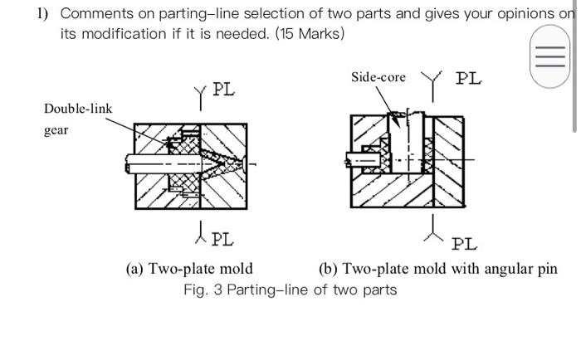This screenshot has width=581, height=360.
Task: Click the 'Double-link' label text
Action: click(78, 109)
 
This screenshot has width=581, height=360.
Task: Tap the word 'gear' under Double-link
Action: click(56, 130)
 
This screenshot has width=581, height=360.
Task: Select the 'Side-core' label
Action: click(378, 77)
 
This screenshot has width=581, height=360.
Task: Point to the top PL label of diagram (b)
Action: click(468, 78)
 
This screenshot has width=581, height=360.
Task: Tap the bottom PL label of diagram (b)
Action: click(465, 244)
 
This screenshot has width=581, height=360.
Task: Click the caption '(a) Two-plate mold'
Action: click(189, 269)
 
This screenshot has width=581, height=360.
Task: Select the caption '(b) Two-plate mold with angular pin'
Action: click(437, 269)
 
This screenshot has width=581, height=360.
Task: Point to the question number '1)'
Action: click(42, 13)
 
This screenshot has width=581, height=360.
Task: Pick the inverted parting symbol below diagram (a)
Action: click(199, 231)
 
